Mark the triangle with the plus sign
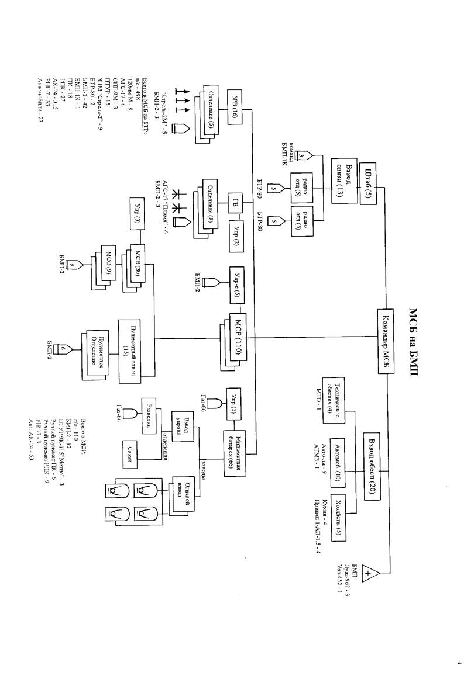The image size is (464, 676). point(369,574)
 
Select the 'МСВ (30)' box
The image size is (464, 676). point(136,265)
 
